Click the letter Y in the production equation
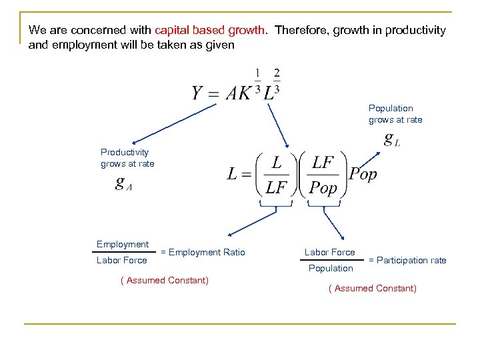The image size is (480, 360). click(198, 93)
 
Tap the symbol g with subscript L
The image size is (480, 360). click(392, 139)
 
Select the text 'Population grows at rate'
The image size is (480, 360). click(395, 114)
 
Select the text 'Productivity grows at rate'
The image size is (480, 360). click(127, 158)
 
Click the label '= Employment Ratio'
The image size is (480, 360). click(203, 252)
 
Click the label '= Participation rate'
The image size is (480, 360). click(407, 260)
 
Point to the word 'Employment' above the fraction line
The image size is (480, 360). click(123, 245)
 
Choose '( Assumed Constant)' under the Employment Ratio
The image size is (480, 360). click(164, 280)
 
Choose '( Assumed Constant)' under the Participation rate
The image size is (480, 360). click(372, 288)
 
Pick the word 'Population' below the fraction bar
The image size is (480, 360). click(331, 268)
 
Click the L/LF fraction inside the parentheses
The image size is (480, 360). click(275, 175)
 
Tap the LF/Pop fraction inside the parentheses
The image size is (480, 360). click(324, 175)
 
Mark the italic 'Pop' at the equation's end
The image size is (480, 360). click(363, 175)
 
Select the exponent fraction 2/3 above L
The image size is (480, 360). click(276, 81)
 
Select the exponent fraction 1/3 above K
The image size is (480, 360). click(257, 81)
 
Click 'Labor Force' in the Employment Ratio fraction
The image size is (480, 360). click(122, 260)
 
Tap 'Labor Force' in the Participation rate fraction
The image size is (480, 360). click(330, 252)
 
